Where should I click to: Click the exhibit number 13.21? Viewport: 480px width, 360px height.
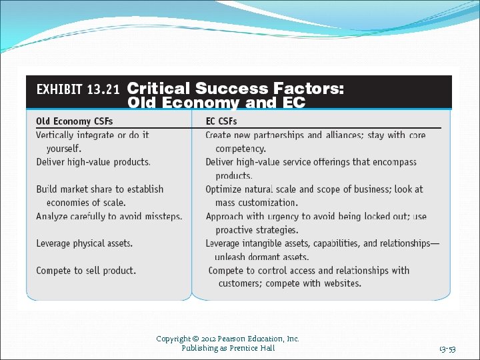[103, 89]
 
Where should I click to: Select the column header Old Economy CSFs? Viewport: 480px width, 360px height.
[74, 121]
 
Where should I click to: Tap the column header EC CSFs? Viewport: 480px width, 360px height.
[221, 121]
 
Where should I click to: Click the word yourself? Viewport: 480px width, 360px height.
[64, 148]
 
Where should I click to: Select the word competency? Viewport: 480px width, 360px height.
[240, 149]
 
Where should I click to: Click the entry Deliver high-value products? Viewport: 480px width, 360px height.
[93, 162]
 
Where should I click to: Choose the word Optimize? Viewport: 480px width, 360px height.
[223, 189]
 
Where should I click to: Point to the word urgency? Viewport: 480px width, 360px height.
[285, 217]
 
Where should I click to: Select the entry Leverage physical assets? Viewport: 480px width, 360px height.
[84, 243]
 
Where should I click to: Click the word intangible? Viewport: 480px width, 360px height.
[270, 243]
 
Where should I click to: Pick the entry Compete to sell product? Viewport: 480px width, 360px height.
[86, 271]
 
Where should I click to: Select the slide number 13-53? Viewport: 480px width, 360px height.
[447, 349]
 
